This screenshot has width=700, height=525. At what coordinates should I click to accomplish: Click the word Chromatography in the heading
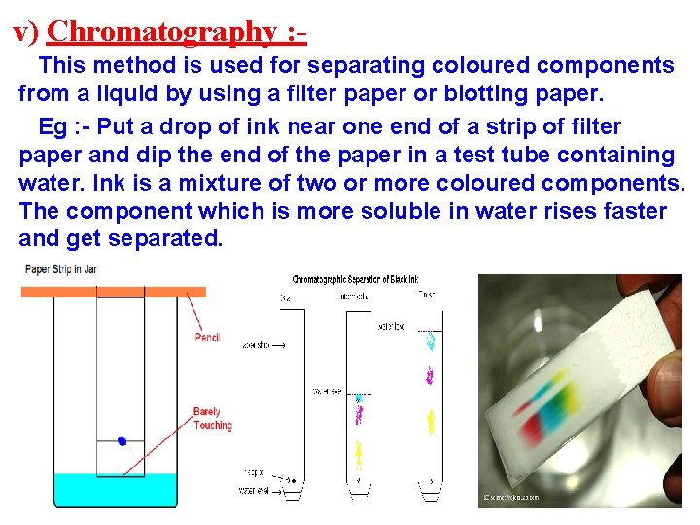point(161,32)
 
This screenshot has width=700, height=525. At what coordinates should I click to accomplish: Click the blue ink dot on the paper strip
point(122,440)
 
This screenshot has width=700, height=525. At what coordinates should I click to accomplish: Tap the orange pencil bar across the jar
point(115,292)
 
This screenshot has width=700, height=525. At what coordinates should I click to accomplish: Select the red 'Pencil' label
point(208,338)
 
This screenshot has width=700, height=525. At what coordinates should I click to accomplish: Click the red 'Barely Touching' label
point(212,419)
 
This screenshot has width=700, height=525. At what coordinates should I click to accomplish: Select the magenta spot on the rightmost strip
point(429,373)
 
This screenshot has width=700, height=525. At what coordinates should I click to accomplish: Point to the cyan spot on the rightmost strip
point(430,341)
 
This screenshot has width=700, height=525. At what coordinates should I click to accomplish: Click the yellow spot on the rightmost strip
point(429,422)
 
